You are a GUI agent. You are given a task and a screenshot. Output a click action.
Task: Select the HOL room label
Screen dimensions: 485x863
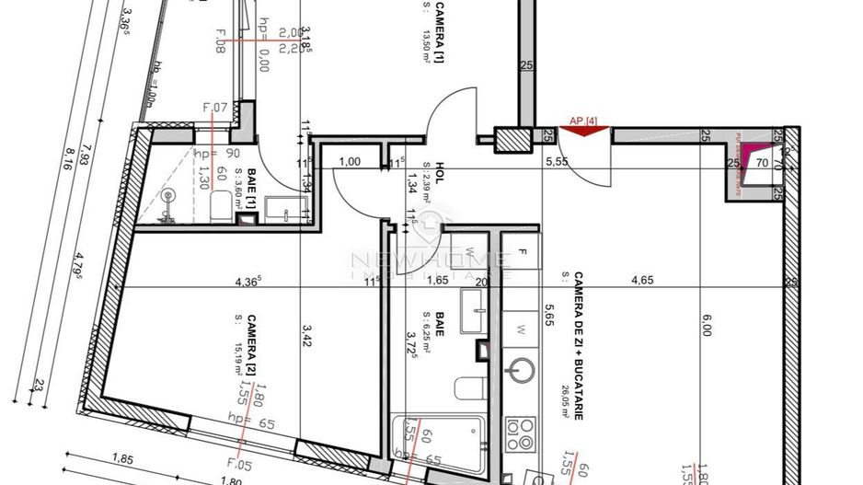440,174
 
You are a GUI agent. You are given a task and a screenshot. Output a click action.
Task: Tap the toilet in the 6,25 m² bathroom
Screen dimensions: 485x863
467,387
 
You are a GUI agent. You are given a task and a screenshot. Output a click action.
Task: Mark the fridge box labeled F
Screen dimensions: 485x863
522,251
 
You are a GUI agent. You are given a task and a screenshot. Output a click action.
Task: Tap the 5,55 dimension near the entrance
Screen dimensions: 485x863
558,161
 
